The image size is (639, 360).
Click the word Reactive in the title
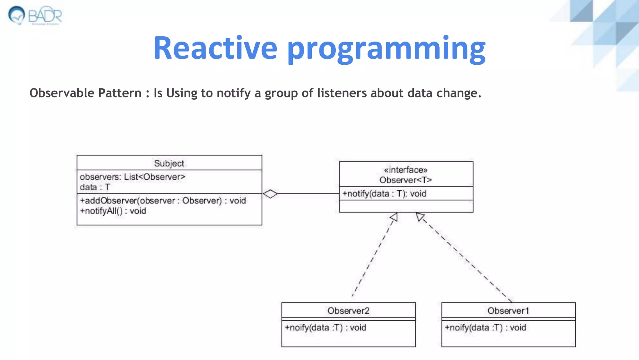pyautogui.click(x=215, y=48)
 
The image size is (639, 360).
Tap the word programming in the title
pyautogui.click(x=386, y=49)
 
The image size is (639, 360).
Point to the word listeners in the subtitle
pyautogui.click(x=342, y=93)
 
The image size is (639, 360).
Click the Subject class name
pyautogui.click(x=169, y=163)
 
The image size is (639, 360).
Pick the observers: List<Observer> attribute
pyautogui.click(x=133, y=177)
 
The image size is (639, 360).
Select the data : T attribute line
pyautogui.click(x=95, y=187)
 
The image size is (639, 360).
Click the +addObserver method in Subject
pyautogui.click(x=163, y=201)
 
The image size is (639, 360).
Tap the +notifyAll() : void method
pyautogui.click(x=113, y=211)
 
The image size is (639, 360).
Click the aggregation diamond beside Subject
pyautogui.click(x=270, y=194)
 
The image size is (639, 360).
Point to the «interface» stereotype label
pyautogui.click(x=406, y=170)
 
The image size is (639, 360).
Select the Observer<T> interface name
pyautogui.click(x=406, y=180)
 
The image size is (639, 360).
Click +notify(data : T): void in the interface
pyautogui.click(x=384, y=194)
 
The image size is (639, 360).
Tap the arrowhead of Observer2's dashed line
pyautogui.click(x=393, y=217)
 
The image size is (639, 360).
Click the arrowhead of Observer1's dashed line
pyautogui.click(x=420, y=217)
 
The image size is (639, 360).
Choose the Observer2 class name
pyautogui.click(x=349, y=311)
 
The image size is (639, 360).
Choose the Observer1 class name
pyautogui.click(x=508, y=311)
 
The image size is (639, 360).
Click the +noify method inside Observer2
pyautogui.click(x=325, y=327)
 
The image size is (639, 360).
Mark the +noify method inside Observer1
pyautogui.click(x=485, y=327)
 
